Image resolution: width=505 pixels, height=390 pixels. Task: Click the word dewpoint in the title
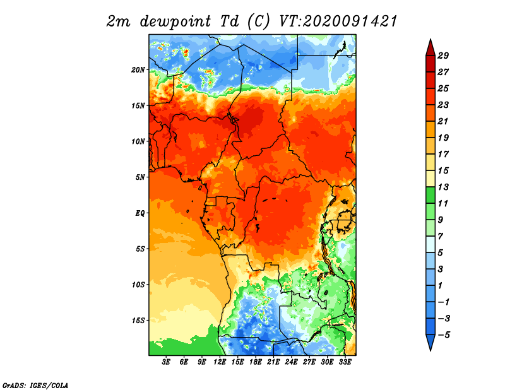point(175,21)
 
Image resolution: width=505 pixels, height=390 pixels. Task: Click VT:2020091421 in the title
point(338,21)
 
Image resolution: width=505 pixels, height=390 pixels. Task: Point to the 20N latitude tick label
point(138,70)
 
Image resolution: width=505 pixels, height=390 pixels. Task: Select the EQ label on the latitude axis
point(140,213)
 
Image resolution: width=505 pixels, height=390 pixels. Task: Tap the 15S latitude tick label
point(138,321)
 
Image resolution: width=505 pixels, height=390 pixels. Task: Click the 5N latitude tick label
point(140,177)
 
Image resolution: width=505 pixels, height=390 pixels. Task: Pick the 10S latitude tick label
point(138,285)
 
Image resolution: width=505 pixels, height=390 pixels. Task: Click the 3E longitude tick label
point(166,362)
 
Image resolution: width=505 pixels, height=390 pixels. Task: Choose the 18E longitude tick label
point(255,362)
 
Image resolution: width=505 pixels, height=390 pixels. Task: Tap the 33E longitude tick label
point(345,362)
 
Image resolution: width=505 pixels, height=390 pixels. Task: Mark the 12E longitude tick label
point(219,362)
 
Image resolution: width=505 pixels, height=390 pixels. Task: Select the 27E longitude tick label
point(309,362)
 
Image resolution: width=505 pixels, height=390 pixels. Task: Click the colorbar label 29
point(443,56)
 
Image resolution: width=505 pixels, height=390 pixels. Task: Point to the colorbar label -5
point(444,335)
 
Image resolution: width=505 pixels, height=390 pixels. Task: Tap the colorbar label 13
point(443,187)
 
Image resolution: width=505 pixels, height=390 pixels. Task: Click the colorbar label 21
point(443,121)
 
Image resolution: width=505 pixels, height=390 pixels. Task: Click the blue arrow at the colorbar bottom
point(431,341)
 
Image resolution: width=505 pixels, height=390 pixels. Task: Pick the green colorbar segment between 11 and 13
point(431,195)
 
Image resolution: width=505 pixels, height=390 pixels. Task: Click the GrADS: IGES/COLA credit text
point(35,385)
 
